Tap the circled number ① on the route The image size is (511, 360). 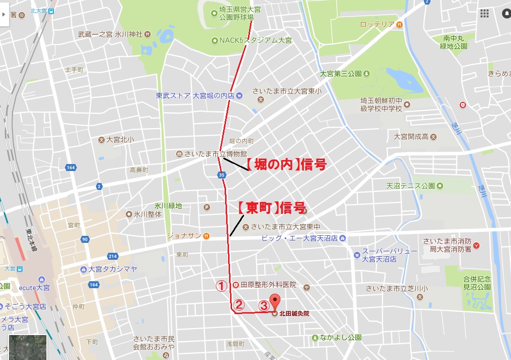[x=221, y=286]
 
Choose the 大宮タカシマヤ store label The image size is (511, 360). [x=112, y=269]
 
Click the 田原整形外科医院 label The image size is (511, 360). [x=268, y=285]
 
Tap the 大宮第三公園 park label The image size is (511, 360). [x=341, y=74]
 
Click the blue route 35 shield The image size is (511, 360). [x=222, y=175]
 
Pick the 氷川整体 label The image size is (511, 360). [x=148, y=214]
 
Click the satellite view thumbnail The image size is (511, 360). [x=28, y=347]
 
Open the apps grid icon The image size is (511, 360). [x=484, y=13]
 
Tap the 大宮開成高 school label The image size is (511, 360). [x=411, y=136]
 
